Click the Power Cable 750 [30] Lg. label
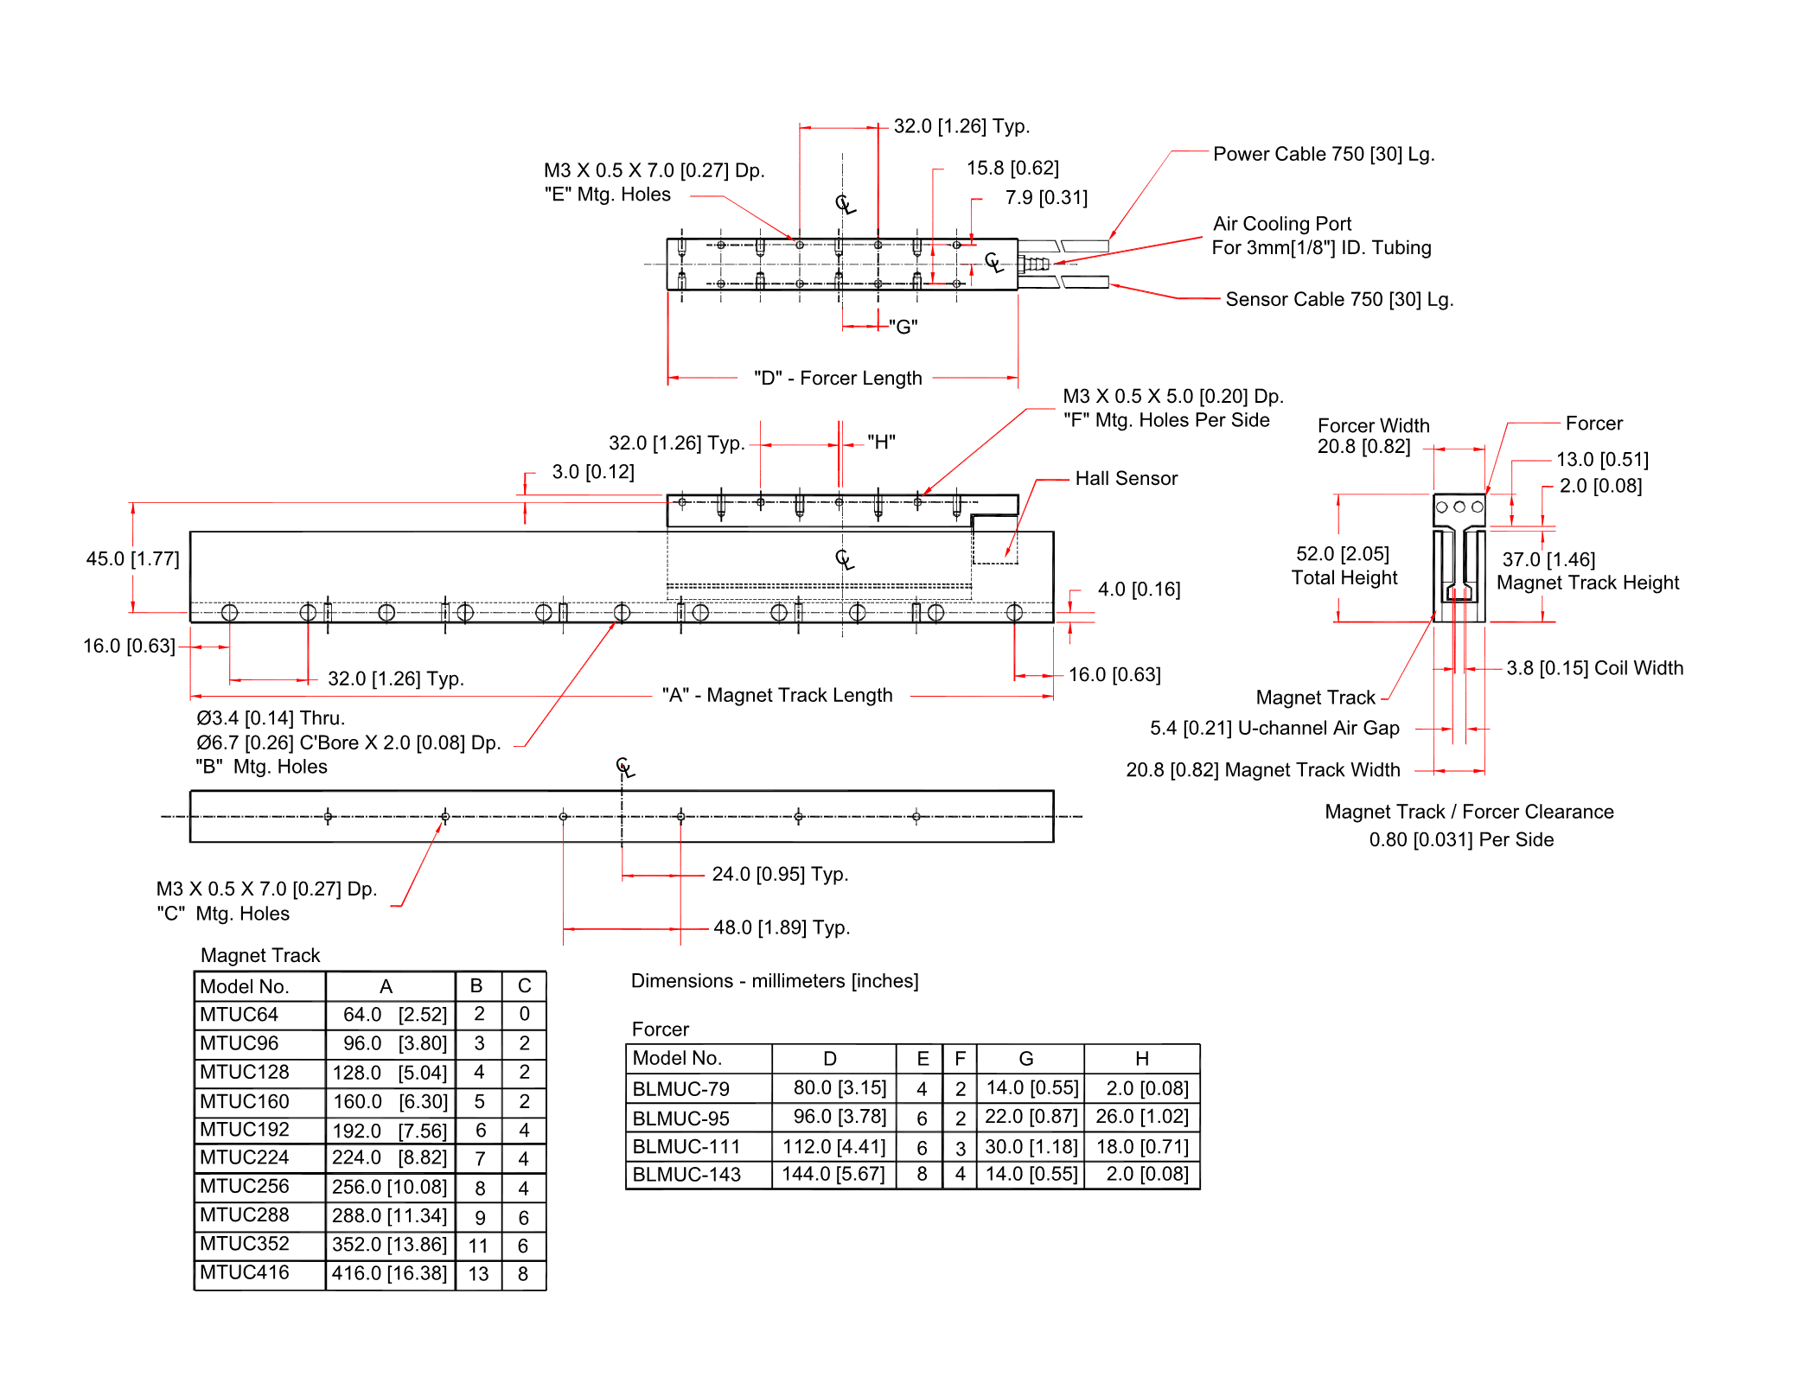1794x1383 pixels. click(x=1323, y=154)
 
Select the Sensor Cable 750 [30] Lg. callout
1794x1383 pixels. click(x=1338, y=299)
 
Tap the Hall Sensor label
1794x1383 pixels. click(x=1126, y=479)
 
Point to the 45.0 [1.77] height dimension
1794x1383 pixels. click(x=132, y=559)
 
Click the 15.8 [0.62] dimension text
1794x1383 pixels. click(x=1012, y=168)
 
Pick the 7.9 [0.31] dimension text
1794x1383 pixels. click(x=1045, y=198)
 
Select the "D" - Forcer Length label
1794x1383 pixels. click(x=837, y=379)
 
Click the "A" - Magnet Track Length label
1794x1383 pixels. click(x=776, y=696)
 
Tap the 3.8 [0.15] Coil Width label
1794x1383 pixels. click(x=1594, y=668)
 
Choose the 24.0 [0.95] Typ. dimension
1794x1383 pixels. click(x=779, y=875)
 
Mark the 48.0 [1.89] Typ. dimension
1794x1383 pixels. click(x=781, y=927)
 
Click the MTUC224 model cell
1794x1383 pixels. click(x=245, y=1158)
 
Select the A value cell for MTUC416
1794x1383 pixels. click(x=389, y=1273)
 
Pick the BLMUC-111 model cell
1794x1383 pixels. click(x=686, y=1147)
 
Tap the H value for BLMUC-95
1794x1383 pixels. click(x=1141, y=1117)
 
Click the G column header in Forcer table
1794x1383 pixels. click(x=1026, y=1059)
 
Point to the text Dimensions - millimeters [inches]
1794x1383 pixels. click(x=774, y=981)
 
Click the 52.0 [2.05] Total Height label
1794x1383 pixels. click(x=1344, y=565)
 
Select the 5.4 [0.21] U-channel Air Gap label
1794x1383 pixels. click(x=1274, y=729)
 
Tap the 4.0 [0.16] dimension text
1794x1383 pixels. click(x=1138, y=590)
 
